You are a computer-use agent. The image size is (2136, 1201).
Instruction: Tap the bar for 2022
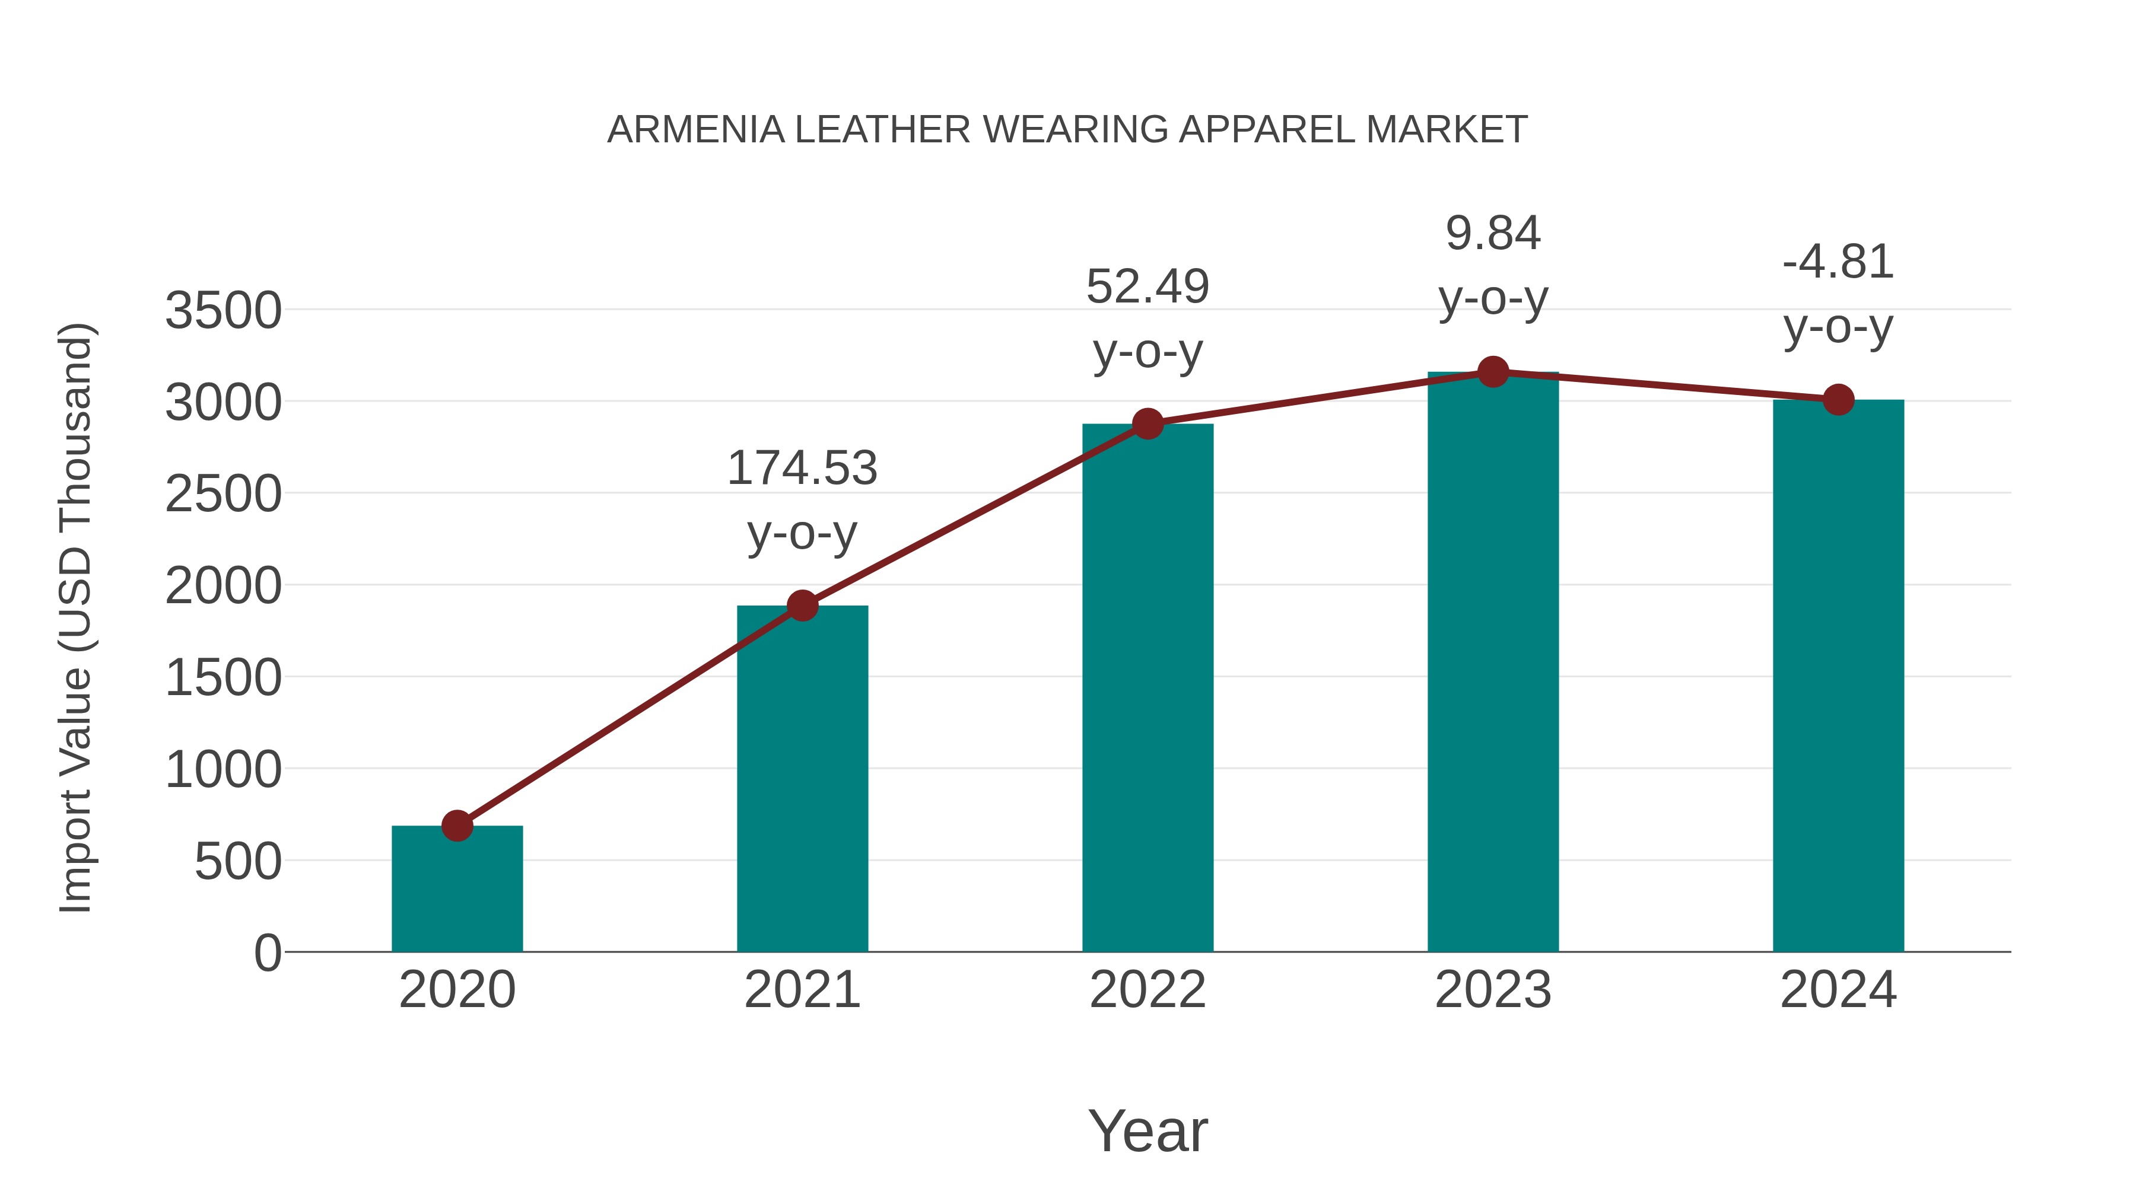click(1148, 688)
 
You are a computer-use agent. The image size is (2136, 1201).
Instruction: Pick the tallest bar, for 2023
click(1493, 663)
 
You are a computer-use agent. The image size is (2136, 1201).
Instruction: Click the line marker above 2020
click(457, 826)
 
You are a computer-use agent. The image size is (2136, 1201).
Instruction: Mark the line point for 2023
click(1493, 372)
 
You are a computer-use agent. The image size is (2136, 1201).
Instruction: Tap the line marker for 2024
click(1838, 400)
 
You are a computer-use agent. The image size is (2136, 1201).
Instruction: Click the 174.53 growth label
click(802, 469)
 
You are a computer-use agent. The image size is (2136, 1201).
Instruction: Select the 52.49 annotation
click(1148, 288)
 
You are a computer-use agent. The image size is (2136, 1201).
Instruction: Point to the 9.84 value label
click(1493, 234)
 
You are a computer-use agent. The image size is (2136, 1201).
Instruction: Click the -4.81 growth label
click(1838, 263)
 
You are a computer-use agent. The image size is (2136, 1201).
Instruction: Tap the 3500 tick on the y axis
click(223, 311)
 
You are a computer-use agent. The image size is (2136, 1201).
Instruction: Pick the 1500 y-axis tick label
click(223, 678)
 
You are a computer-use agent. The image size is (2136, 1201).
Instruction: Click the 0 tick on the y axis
click(267, 953)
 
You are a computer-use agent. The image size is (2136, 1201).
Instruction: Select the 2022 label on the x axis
click(1148, 990)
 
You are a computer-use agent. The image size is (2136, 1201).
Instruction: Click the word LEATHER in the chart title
click(882, 130)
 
